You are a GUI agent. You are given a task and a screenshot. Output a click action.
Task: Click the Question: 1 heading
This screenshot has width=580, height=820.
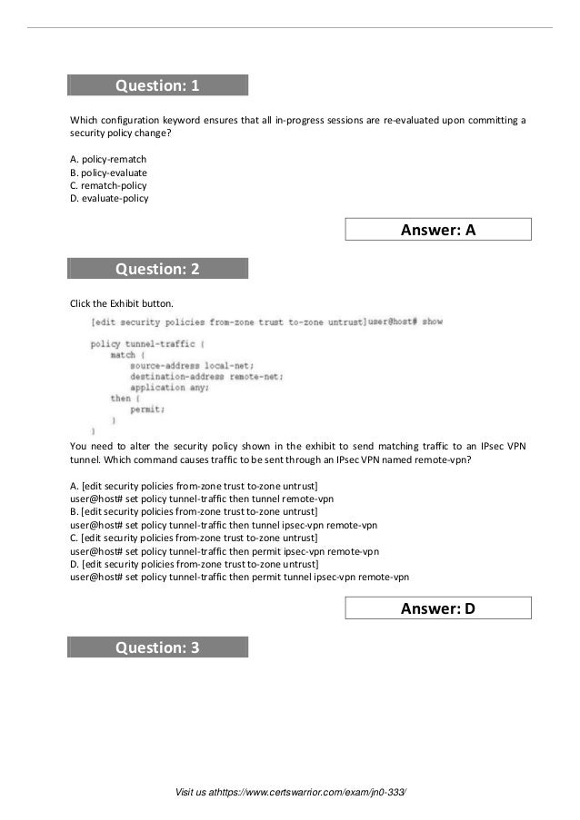(157, 86)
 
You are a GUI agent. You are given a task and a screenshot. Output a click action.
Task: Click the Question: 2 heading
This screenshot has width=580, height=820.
(157, 269)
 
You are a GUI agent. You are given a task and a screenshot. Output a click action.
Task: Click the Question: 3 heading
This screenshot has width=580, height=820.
(157, 647)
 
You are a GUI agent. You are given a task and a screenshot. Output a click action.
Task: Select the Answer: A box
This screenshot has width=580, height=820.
(438, 231)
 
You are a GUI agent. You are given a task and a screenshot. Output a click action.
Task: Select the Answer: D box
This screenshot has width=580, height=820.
(438, 609)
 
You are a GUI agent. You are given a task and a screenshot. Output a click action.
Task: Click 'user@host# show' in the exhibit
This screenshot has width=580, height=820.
(405, 321)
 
